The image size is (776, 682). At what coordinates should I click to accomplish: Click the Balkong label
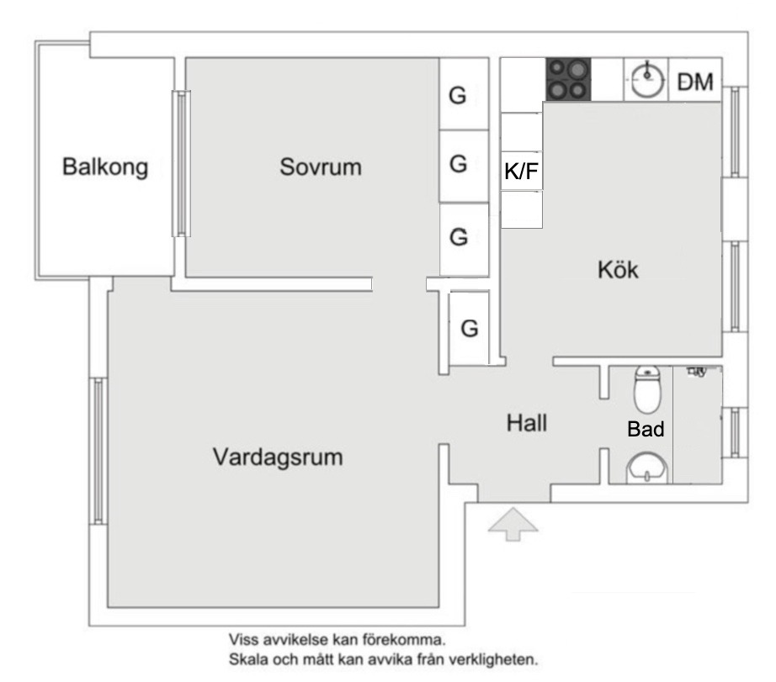pos(105,167)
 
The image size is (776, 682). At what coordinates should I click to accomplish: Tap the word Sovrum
pos(321,167)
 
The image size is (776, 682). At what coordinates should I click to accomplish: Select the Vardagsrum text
pos(277,458)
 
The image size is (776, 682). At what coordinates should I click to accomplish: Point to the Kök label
pos(618,271)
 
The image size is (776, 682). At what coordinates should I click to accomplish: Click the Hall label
pos(526,423)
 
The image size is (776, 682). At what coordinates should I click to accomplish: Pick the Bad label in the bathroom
pos(646,429)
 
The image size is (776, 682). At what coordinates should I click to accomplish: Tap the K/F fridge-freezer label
pos(520,172)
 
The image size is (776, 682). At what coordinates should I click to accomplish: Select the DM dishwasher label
pos(695,82)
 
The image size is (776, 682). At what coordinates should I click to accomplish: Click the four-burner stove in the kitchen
pos(567,79)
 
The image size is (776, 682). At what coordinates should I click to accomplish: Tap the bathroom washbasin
pos(646,468)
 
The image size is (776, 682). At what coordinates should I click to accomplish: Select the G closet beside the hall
pos(470,328)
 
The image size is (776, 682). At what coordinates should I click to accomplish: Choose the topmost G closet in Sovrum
pos(457,95)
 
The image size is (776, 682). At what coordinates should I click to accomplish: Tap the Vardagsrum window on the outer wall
pos(98,450)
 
